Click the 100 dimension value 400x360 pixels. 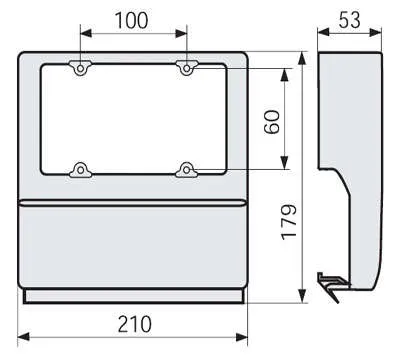tap(131, 20)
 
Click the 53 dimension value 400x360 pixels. tap(349, 20)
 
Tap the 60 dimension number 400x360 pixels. tap(272, 122)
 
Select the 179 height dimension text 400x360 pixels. tap(289, 222)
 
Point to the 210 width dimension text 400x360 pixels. tap(135, 324)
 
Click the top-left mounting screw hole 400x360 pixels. tap(80, 69)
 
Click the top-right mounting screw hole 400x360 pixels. tap(187, 69)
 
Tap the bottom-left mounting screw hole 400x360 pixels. tap(80, 170)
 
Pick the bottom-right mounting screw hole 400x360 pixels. tap(187, 170)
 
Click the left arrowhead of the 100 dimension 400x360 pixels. tap(86, 33)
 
